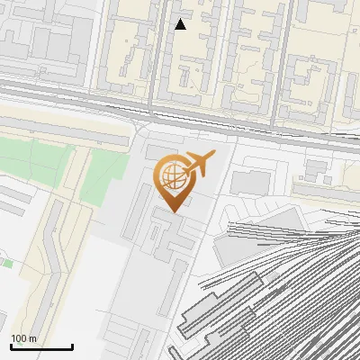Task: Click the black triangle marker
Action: coord(181,24)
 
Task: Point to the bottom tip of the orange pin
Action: coord(173,211)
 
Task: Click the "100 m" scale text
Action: coord(24,338)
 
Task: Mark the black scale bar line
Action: coord(41,346)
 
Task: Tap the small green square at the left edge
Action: coord(6,263)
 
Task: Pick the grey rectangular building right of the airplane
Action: coord(250,182)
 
